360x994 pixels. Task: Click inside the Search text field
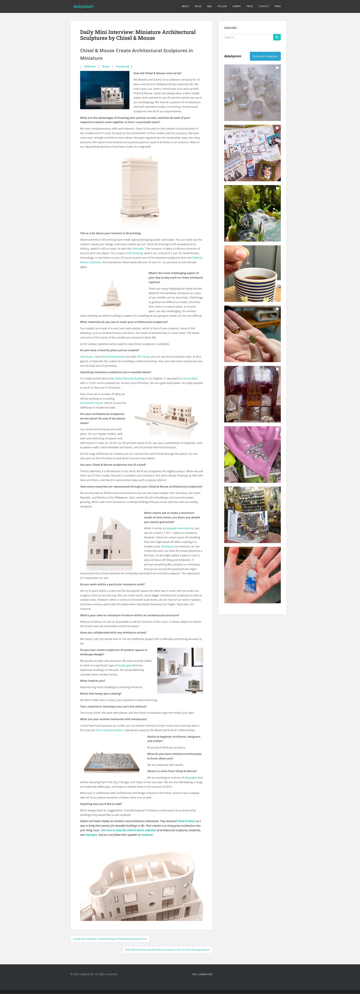[x=248, y=37]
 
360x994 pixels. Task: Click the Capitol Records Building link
[x=129, y=379]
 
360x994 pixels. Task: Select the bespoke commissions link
[x=180, y=528]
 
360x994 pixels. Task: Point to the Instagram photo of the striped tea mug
[x=252, y=274]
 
